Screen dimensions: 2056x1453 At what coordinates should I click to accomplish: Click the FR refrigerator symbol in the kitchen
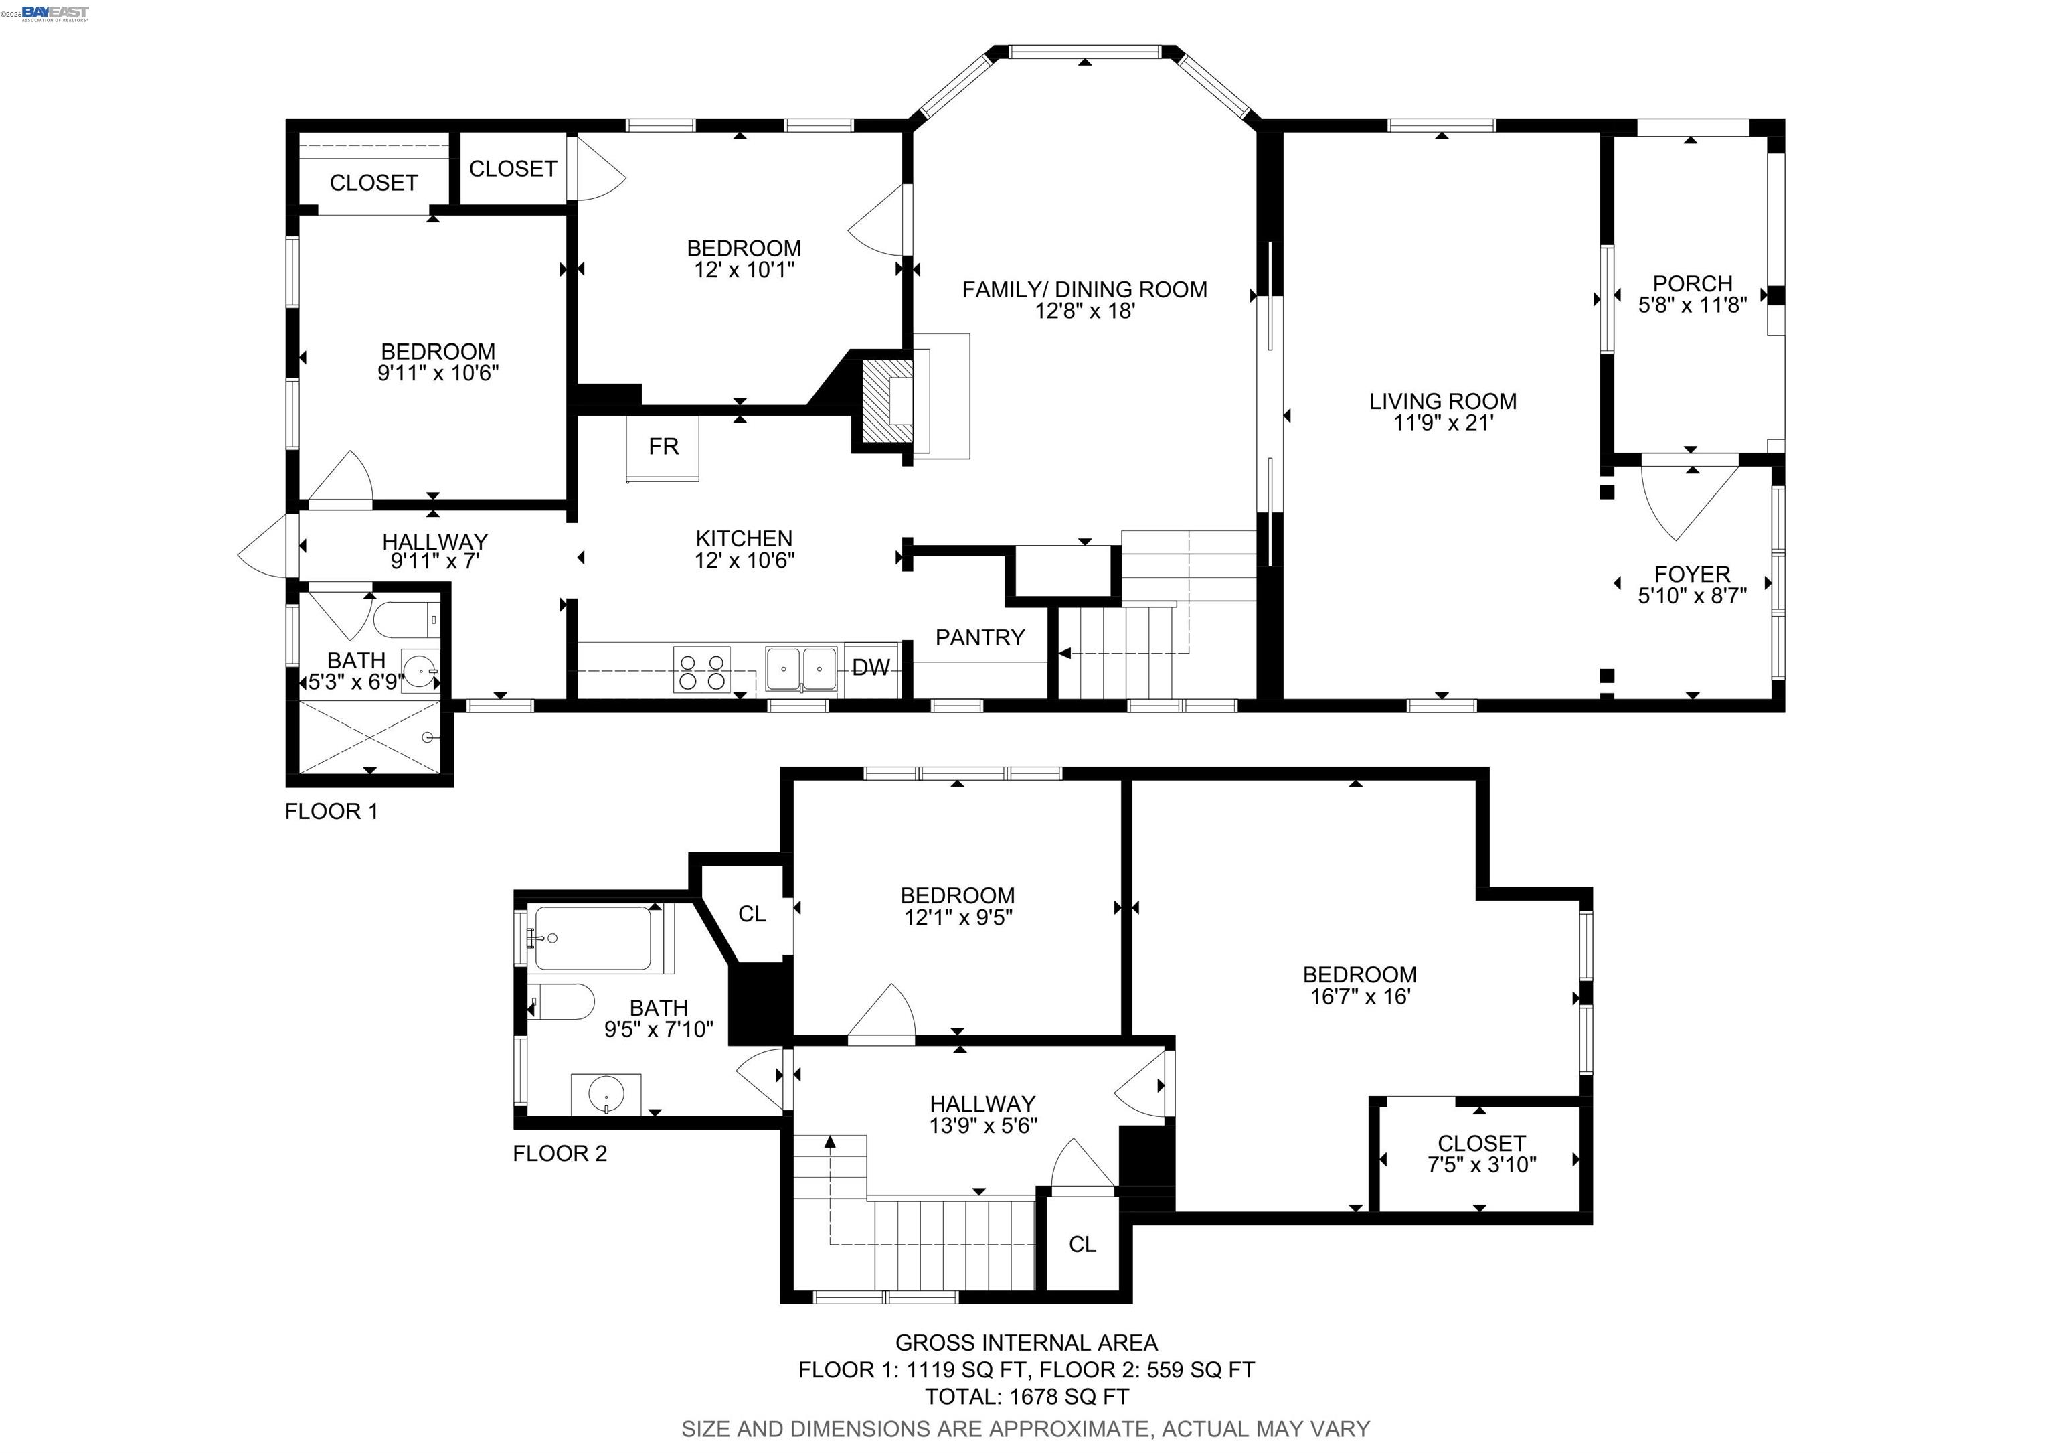click(663, 448)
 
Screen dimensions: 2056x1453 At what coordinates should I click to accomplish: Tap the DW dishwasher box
click(871, 668)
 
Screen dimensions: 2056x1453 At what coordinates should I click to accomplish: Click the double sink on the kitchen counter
click(801, 669)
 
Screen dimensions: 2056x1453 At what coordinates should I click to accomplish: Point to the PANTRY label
click(980, 638)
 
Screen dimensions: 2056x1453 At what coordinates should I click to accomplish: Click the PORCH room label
click(1693, 283)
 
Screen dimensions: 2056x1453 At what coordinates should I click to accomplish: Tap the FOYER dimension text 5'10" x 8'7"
click(1693, 596)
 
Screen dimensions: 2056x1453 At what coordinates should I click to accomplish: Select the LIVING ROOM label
click(1442, 401)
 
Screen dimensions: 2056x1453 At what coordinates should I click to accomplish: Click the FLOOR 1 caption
click(331, 812)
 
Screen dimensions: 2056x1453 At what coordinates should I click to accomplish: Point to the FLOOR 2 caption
click(560, 1154)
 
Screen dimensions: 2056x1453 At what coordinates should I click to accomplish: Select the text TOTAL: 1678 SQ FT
click(1027, 1397)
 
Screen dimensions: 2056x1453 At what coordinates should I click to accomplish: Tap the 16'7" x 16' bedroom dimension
click(1360, 996)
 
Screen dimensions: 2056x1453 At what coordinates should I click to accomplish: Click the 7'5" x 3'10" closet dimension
click(1481, 1164)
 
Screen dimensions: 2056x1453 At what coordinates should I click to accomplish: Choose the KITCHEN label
click(744, 538)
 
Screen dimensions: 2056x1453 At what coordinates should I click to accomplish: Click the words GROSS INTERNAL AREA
click(1027, 1343)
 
